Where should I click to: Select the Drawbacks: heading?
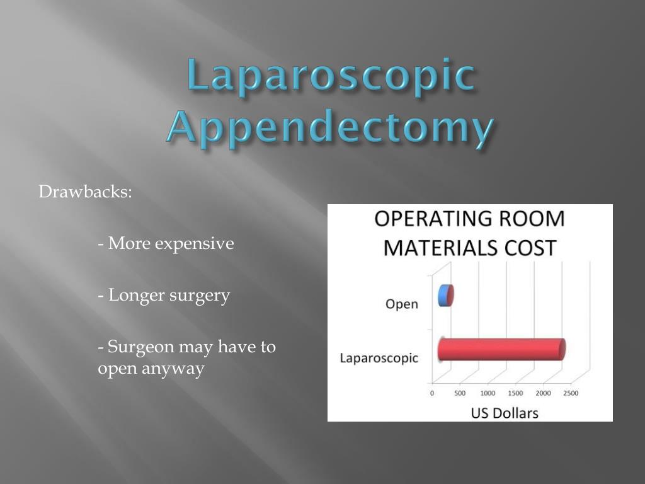pos(86,192)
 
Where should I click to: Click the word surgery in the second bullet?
pos(200,295)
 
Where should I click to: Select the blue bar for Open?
pos(446,295)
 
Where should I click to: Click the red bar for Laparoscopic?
pos(501,350)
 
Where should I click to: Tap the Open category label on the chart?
pos(401,304)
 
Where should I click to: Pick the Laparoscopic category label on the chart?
pos(379,358)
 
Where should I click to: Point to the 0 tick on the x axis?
pos(432,393)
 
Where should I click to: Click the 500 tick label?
pos(460,393)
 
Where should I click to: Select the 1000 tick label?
pos(488,393)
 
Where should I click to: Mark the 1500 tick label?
pos(515,393)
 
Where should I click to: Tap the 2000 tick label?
pos(543,393)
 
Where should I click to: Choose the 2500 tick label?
pos(570,393)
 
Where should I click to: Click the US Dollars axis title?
pos(505,413)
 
